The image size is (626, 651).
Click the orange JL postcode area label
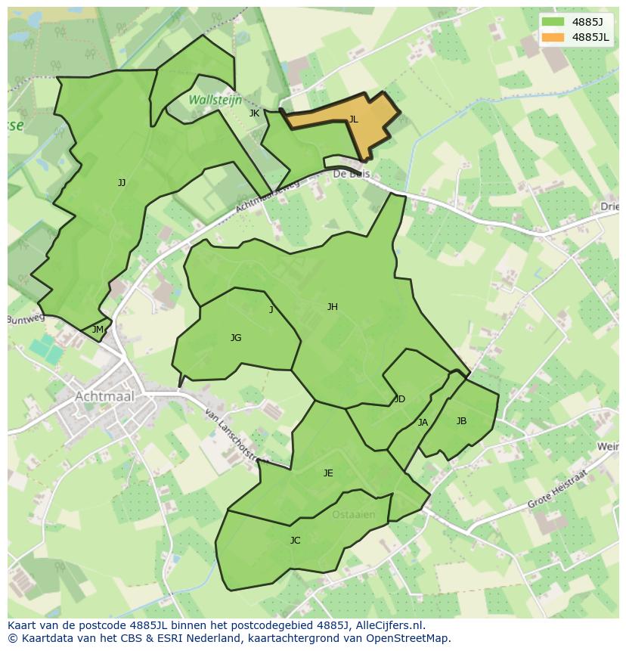tap(353, 119)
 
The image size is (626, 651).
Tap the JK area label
tap(254, 113)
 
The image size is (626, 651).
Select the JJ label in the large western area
tap(122, 183)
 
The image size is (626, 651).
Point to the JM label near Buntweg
tap(98, 330)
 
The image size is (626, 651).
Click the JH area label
tap(332, 307)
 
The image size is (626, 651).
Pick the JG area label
tap(236, 338)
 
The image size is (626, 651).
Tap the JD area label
tap(400, 399)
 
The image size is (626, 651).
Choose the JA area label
tap(423, 423)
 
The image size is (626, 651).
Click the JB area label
tap(461, 421)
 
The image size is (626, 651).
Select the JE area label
tap(328, 473)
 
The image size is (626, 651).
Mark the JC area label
tap(295, 541)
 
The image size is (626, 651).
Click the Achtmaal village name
tap(105, 396)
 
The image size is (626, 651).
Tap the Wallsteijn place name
tap(215, 100)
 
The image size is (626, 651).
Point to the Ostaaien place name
tap(353, 515)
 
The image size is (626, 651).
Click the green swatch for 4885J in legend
tap(553, 22)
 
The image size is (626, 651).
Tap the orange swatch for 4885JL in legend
tap(553, 37)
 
